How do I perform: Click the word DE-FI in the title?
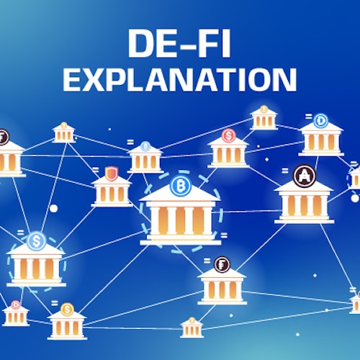tap(179, 43)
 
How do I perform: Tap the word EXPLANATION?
tap(179, 80)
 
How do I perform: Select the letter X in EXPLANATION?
tap(94, 80)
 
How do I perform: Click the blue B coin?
tap(181, 186)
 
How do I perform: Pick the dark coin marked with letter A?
tap(305, 176)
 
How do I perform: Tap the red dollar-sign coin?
tap(228, 136)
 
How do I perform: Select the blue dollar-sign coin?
tap(37, 241)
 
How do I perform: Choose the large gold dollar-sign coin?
tap(67, 310)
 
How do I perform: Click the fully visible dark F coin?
tap(222, 265)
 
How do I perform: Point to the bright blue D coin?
tap(320, 121)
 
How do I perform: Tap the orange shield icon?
tap(112, 174)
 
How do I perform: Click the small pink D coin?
tap(15, 305)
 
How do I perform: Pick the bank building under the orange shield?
tap(112, 192)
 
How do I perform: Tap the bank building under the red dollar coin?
tap(228, 153)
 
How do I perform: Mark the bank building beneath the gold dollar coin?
tap(67, 325)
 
